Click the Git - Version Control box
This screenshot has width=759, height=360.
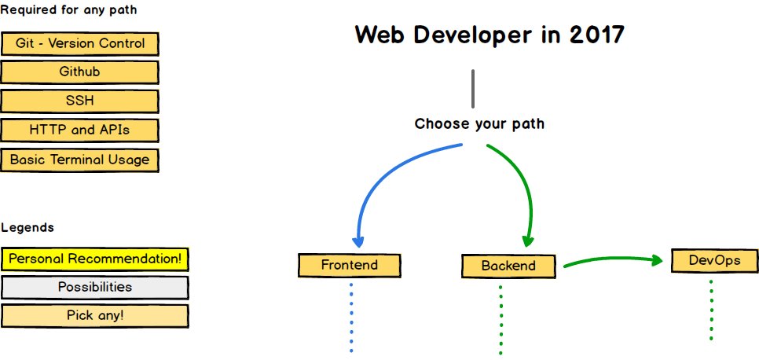tap(80, 44)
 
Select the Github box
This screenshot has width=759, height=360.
tap(80, 72)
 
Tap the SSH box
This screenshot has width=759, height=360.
tap(80, 101)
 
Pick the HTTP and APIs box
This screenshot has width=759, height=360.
tap(80, 130)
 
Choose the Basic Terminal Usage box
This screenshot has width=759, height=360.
tap(80, 160)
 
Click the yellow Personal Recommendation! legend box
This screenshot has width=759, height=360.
tap(95, 259)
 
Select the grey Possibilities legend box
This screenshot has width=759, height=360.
tap(95, 287)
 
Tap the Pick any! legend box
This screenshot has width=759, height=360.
tap(95, 315)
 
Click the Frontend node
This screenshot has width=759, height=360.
tap(350, 265)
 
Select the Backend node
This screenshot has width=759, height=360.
tap(508, 266)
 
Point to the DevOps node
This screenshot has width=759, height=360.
tap(715, 261)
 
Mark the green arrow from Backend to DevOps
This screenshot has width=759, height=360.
tap(613, 260)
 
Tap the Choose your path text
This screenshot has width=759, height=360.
tap(479, 124)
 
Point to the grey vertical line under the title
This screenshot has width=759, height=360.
tap(473, 88)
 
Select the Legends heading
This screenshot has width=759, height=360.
tap(27, 228)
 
